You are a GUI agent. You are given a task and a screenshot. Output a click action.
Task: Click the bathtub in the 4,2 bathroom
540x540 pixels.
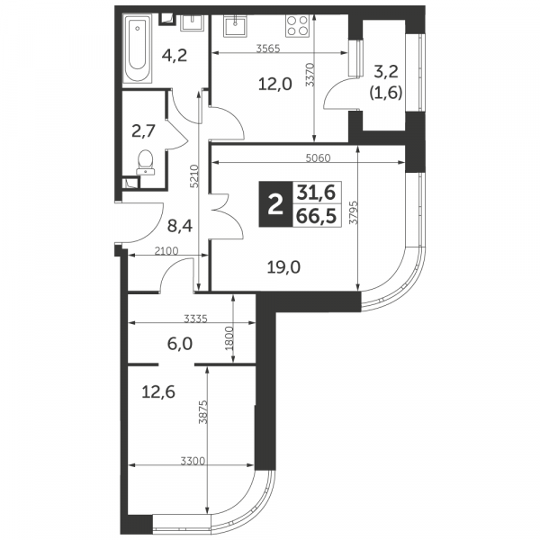click(x=138, y=48)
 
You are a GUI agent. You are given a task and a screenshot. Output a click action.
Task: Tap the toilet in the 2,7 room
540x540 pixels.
click(x=146, y=163)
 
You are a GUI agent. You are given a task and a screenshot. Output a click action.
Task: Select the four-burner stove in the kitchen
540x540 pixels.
click(x=298, y=26)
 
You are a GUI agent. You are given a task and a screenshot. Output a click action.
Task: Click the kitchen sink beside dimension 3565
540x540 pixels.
click(x=235, y=26)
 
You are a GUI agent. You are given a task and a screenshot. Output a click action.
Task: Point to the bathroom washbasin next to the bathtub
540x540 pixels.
click(x=193, y=22)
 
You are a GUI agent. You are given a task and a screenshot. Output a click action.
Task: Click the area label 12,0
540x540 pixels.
click(x=275, y=84)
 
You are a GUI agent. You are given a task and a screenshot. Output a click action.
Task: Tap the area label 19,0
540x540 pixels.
click(x=283, y=267)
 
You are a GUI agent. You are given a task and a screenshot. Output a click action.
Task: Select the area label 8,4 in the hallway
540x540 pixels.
click(x=180, y=226)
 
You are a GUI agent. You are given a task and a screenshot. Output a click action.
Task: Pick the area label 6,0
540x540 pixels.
click(x=180, y=344)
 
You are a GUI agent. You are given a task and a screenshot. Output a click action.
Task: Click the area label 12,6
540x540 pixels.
click(x=158, y=391)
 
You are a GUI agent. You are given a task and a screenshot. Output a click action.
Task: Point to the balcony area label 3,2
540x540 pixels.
click(x=386, y=72)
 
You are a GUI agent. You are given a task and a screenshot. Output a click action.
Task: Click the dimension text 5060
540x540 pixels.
click(x=319, y=157)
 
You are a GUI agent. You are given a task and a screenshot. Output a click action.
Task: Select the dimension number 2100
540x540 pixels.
click(x=166, y=251)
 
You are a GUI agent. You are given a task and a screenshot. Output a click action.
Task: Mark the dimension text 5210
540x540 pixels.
click(x=194, y=176)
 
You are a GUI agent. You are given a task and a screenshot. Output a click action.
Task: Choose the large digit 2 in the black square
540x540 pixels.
click(x=275, y=204)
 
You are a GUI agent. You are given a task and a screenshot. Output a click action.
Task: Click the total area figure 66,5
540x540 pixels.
click(x=316, y=216)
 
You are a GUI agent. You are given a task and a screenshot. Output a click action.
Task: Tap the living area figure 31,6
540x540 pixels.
click(x=316, y=193)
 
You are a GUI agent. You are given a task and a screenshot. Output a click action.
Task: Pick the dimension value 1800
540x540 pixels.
click(x=229, y=338)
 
